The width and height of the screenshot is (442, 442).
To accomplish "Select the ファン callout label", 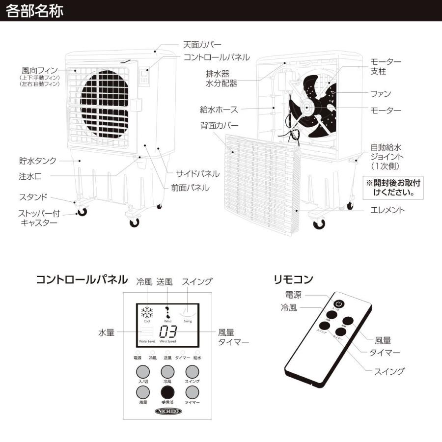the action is (380, 93).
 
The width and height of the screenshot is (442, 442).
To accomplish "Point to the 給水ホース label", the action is (219, 109).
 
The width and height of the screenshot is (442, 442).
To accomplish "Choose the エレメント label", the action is (387, 210).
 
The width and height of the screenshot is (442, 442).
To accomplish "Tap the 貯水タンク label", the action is (38, 160).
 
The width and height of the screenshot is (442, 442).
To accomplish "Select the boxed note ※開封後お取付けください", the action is (393, 188).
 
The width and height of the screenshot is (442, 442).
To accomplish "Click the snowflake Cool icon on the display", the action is (147, 313).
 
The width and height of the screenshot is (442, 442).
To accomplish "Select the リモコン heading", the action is (293, 279).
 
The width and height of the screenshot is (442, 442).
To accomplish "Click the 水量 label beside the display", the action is (106, 332).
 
